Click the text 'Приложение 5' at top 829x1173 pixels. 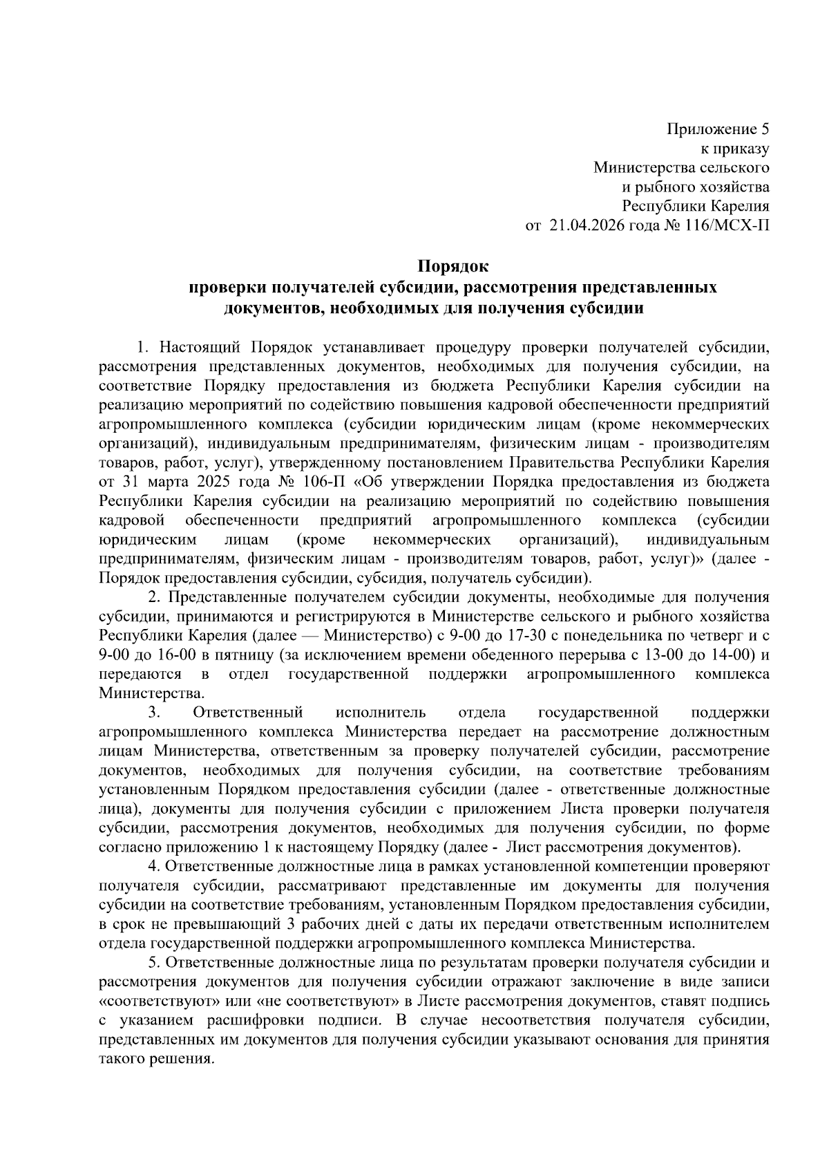[718, 129]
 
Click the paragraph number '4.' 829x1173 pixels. [155, 866]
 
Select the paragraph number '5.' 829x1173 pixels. [155, 962]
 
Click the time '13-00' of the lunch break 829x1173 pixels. [649, 655]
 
